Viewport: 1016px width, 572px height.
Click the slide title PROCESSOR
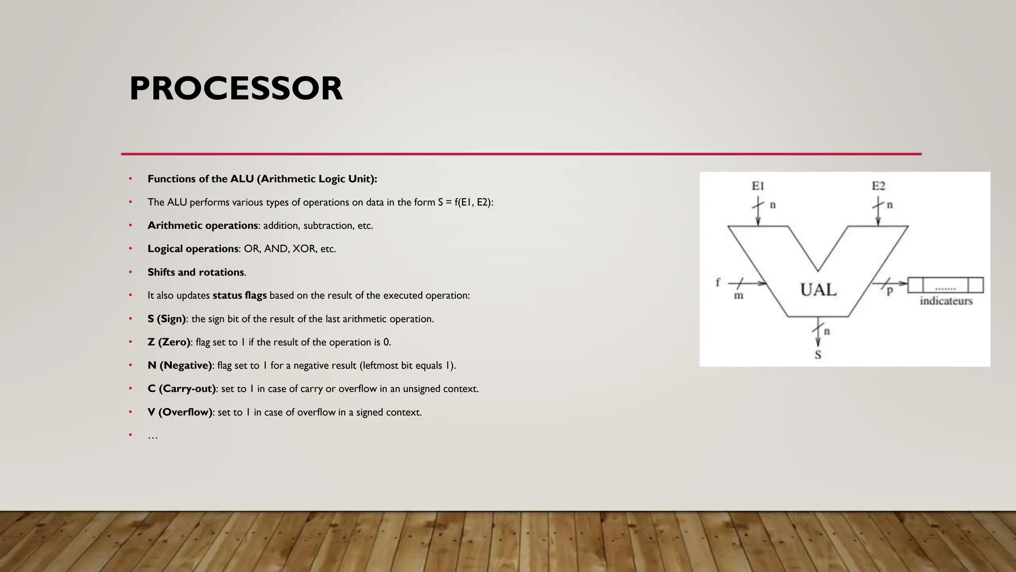236,89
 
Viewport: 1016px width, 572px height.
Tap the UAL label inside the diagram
818,289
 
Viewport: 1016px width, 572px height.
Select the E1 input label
758,186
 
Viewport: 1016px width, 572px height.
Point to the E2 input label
878,186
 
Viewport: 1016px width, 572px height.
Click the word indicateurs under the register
946,301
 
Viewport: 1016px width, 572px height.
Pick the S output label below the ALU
818,355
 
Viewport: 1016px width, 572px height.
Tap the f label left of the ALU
718,282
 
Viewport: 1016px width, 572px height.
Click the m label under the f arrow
738,296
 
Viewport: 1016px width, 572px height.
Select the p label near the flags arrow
889,291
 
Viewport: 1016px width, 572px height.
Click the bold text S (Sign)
166,319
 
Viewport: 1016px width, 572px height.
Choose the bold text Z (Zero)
169,342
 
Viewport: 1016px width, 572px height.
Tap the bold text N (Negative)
180,365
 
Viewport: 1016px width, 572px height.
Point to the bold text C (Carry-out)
182,389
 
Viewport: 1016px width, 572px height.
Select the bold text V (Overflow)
180,412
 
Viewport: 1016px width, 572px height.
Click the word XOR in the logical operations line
304,249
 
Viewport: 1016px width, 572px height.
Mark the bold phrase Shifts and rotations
195,272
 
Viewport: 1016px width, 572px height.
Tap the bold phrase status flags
240,295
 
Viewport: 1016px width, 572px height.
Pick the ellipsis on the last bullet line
152,436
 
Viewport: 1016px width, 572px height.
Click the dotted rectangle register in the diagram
945,286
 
